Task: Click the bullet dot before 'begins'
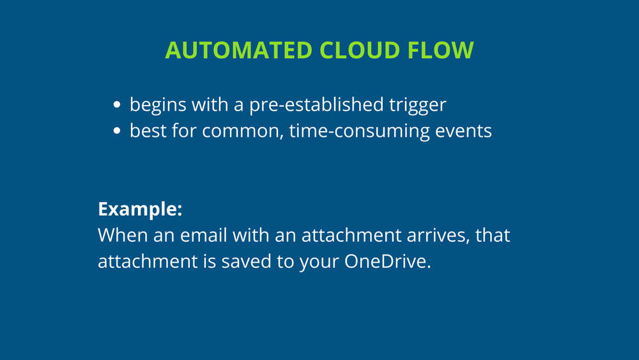(x=117, y=105)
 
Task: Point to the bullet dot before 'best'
(x=117, y=131)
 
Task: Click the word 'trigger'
(x=417, y=104)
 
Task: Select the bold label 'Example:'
(x=140, y=209)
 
